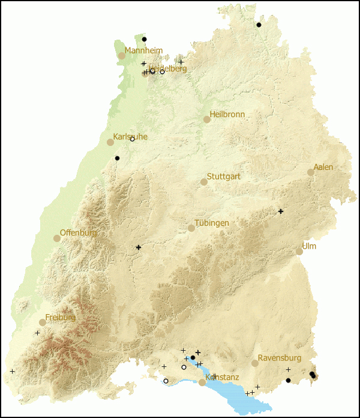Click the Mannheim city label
pyautogui.click(x=143, y=50)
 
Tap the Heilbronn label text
pyautogui.click(x=227, y=114)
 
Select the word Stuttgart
pyautogui.click(x=223, y=177)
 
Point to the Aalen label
pyautogui.click(x=323, y=167)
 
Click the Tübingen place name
pyautogui.click(x=211, y=223)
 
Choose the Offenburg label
pyautogui.click(x=79, y=232)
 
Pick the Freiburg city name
pyautogui.click(x=61, y=317)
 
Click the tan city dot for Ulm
pyautogui.click(x=299, y=252)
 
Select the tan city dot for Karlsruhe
pyautogui.click(x=110, y=142)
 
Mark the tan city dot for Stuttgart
pyautogui.click(x=203, y=182)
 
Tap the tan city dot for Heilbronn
pyautogui.click(x=207, y=120)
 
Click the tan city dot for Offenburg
pyautogui.click(x=57, y=238)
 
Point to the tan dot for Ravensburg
pyautogui.click(x=255, y=363)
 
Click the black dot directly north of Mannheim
pyautogui.click(x=144, y=39)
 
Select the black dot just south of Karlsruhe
pyautogui.click(x=117, y=158)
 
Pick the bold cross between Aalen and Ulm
pyautogui.click(x=280, y=211)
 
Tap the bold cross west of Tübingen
pyautogui.click(x=139, y=247)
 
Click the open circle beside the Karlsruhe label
pyautogui.click(x=133, y=139)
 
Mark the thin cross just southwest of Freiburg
pyautogui.click(x=37, y=333)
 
